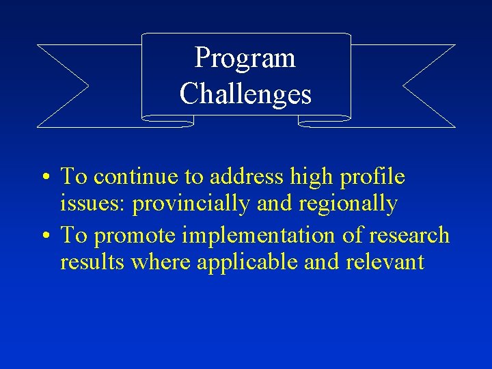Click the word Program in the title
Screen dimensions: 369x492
click(x=245, y=58)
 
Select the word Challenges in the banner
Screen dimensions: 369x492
click(x=245, y=94)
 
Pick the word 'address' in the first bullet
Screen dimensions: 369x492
click(x=247, y=177)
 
